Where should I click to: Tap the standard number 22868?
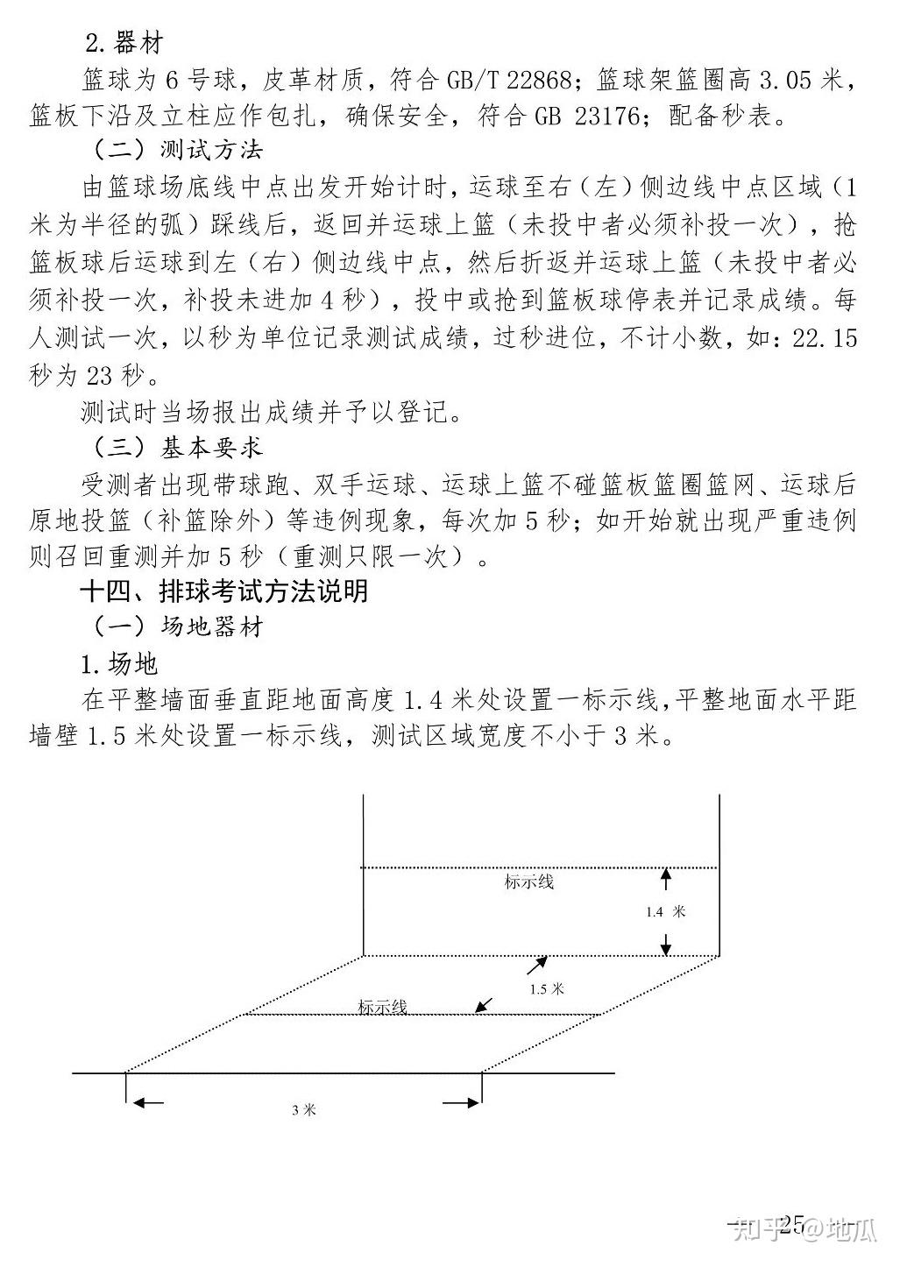click(537, 81)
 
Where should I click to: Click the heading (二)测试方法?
click(175, 150)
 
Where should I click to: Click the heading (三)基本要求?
click(175, 447)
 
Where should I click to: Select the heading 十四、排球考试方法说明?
click(223, 591)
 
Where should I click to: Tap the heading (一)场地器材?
click(175, 627)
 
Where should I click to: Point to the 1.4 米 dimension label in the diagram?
click(665, 912)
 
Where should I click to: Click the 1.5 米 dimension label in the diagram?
click(547, 989)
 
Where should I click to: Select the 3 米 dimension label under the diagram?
click(303, 1110)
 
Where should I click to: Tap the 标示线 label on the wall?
click(529, 882)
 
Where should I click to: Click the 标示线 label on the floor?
click(383, 1008)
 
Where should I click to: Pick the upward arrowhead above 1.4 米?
click(665, 874)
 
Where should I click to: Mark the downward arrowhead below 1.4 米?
click(665, 948)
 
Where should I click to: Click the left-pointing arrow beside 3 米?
click(146, 1103)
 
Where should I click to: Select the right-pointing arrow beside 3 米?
click(460, 1103)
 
